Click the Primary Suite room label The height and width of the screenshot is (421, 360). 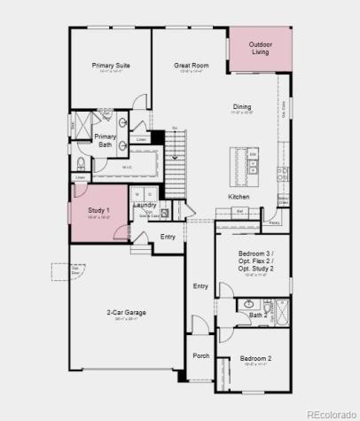click(x=111, y=65)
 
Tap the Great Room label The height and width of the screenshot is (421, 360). click(x=191, y=65)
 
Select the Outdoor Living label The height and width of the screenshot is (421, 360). click(x=260, y=48)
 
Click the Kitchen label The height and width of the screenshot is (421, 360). click(x=239, y=196)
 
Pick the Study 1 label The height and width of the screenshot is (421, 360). click(x=98, y=210)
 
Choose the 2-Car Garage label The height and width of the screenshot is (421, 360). click(x=127, y=313)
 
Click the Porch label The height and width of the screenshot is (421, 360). click(x=201, y=355)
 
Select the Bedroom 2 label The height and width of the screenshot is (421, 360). click(x=255, y=359)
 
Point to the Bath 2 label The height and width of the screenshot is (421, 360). click(x=258, y=315)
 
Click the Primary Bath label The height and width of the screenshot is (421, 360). click(x=106, y=140)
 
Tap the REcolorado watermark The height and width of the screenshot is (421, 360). click(x=328, y=411)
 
